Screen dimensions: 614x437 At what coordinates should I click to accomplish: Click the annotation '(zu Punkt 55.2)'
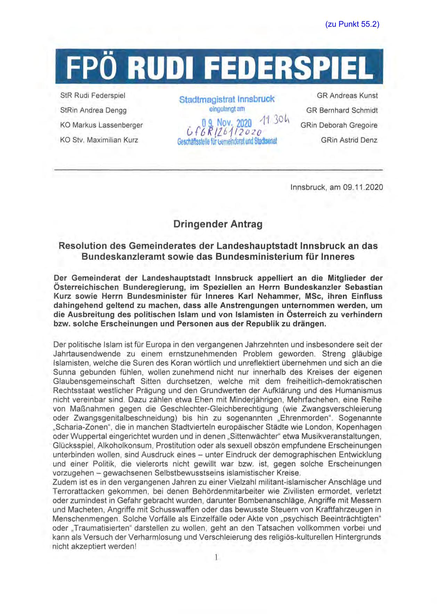point(352,24)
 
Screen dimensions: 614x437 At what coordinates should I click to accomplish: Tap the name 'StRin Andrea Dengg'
point(93,110)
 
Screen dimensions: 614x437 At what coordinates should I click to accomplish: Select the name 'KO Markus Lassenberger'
point(101,125)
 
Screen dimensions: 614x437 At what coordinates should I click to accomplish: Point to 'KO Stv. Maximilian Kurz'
point(99,140)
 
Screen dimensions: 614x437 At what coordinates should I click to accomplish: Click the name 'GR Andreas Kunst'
point(347,96)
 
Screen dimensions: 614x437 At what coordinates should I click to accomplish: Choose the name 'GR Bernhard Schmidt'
point(342,110)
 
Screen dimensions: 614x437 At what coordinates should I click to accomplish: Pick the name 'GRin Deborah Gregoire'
point(339,125)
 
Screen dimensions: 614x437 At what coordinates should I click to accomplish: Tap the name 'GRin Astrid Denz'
point(349,140)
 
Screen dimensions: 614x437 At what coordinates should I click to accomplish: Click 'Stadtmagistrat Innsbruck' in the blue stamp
point(227,99)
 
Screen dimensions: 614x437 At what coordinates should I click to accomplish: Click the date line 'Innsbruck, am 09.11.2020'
point(337,187)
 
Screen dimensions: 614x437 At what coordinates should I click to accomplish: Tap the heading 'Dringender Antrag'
point(218,224)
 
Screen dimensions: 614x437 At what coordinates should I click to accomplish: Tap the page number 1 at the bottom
point(216,558)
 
